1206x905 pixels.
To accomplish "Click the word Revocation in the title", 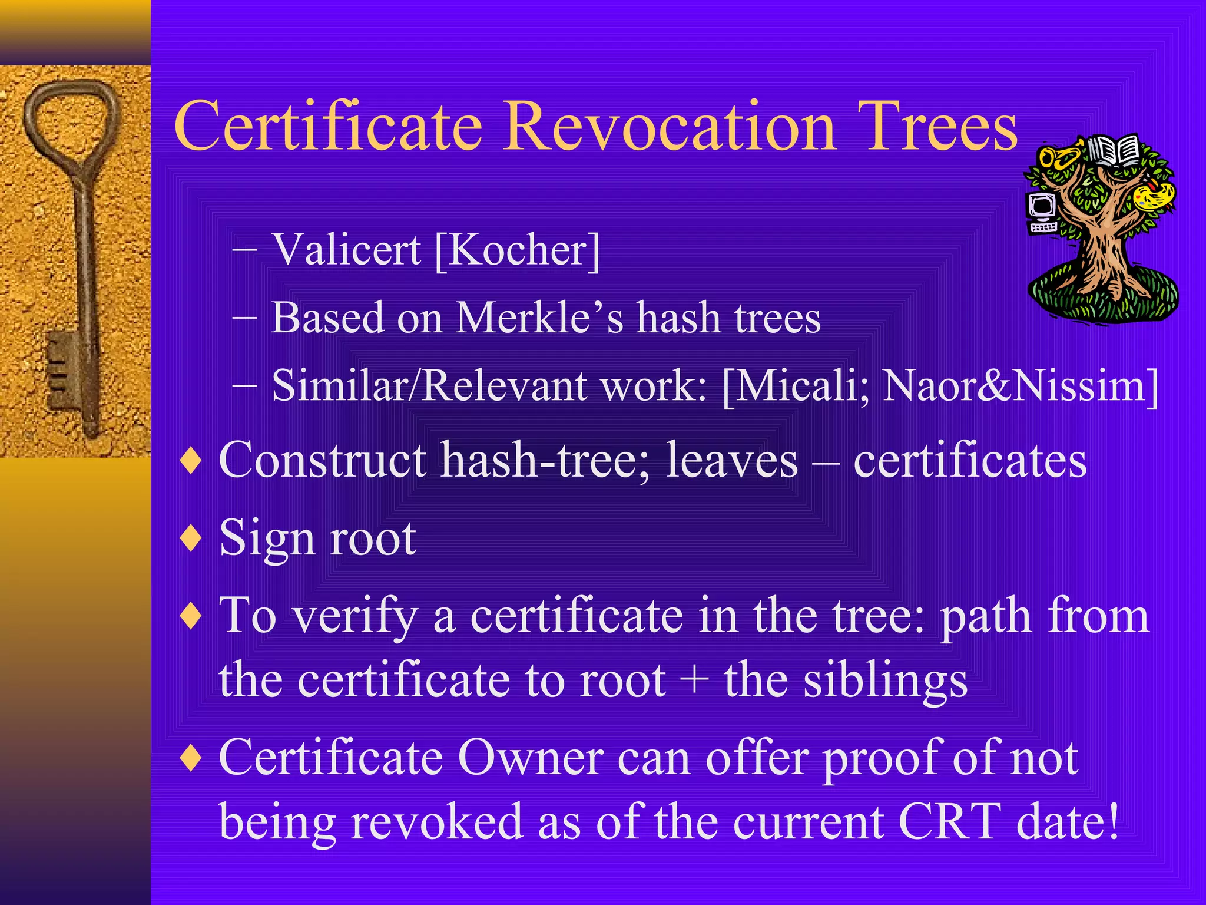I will tap(670, 127).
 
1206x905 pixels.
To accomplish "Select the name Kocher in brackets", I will tap(518, 250).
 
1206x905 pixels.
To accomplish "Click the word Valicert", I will tap(347, 249).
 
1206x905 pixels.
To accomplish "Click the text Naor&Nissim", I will tap(1013, 386).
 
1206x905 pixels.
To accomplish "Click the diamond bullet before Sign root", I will tap(191, 538).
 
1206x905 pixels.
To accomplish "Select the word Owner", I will tap(530, 758).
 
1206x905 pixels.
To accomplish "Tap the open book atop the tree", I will tap(1114, 150).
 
